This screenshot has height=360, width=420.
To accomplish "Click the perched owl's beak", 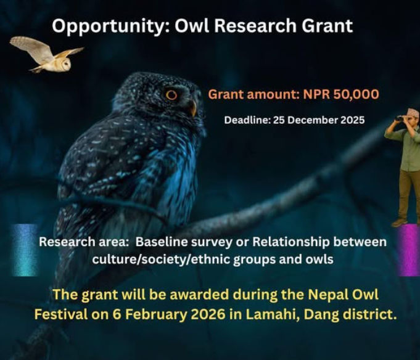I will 192,108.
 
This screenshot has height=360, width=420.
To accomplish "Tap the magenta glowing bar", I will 408,249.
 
